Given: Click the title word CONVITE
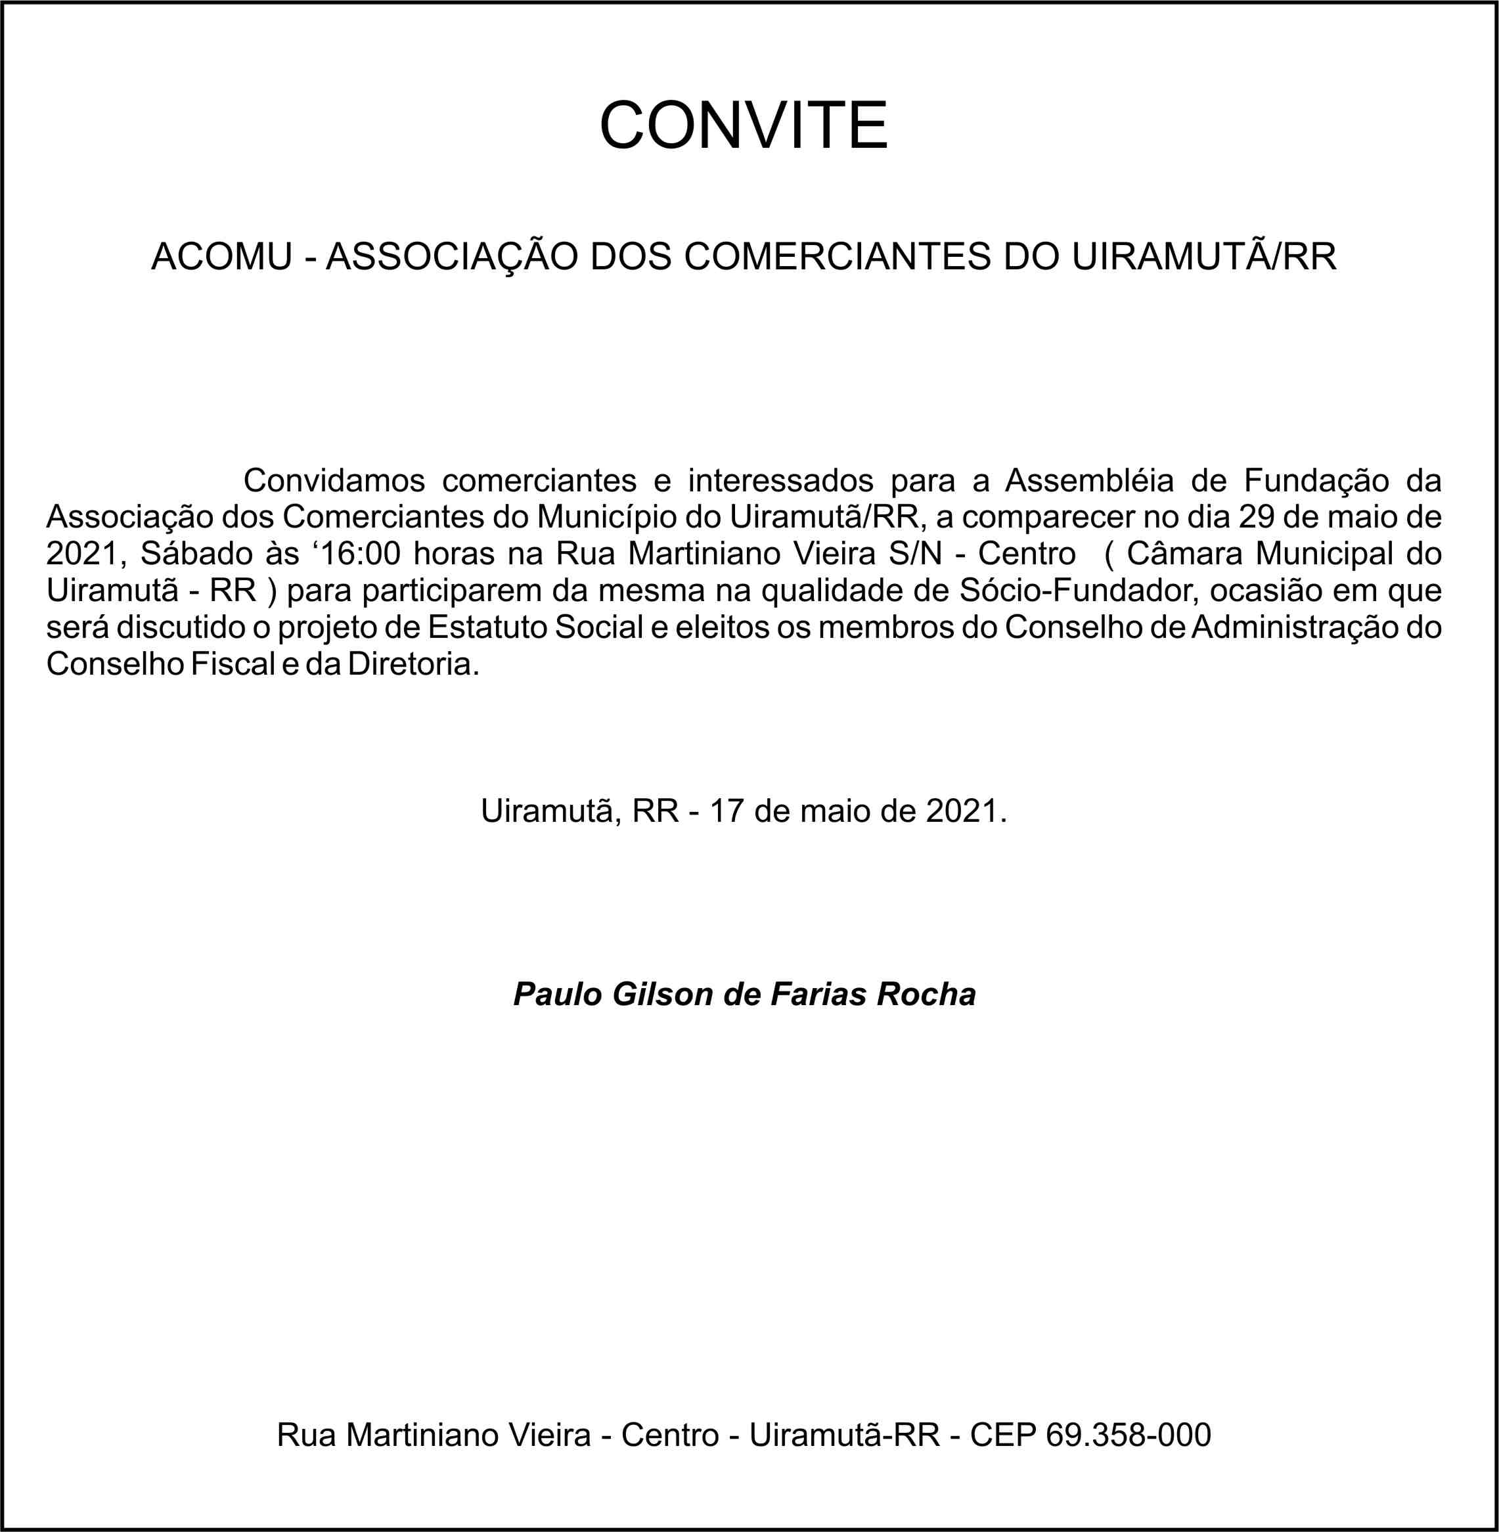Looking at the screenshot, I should (x=743, y=125).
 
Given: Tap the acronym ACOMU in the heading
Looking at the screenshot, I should (x=221, y=257).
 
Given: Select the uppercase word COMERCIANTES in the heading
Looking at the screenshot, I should (x=837, y=257).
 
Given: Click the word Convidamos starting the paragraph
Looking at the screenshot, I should (x=334, y=480).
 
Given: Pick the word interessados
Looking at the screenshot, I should (x=780, y=480).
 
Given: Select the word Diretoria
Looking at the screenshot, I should (x=413, y=664).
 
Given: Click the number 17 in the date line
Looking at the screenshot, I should (x=727, y=811).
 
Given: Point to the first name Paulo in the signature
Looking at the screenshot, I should (x=558, y=995).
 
